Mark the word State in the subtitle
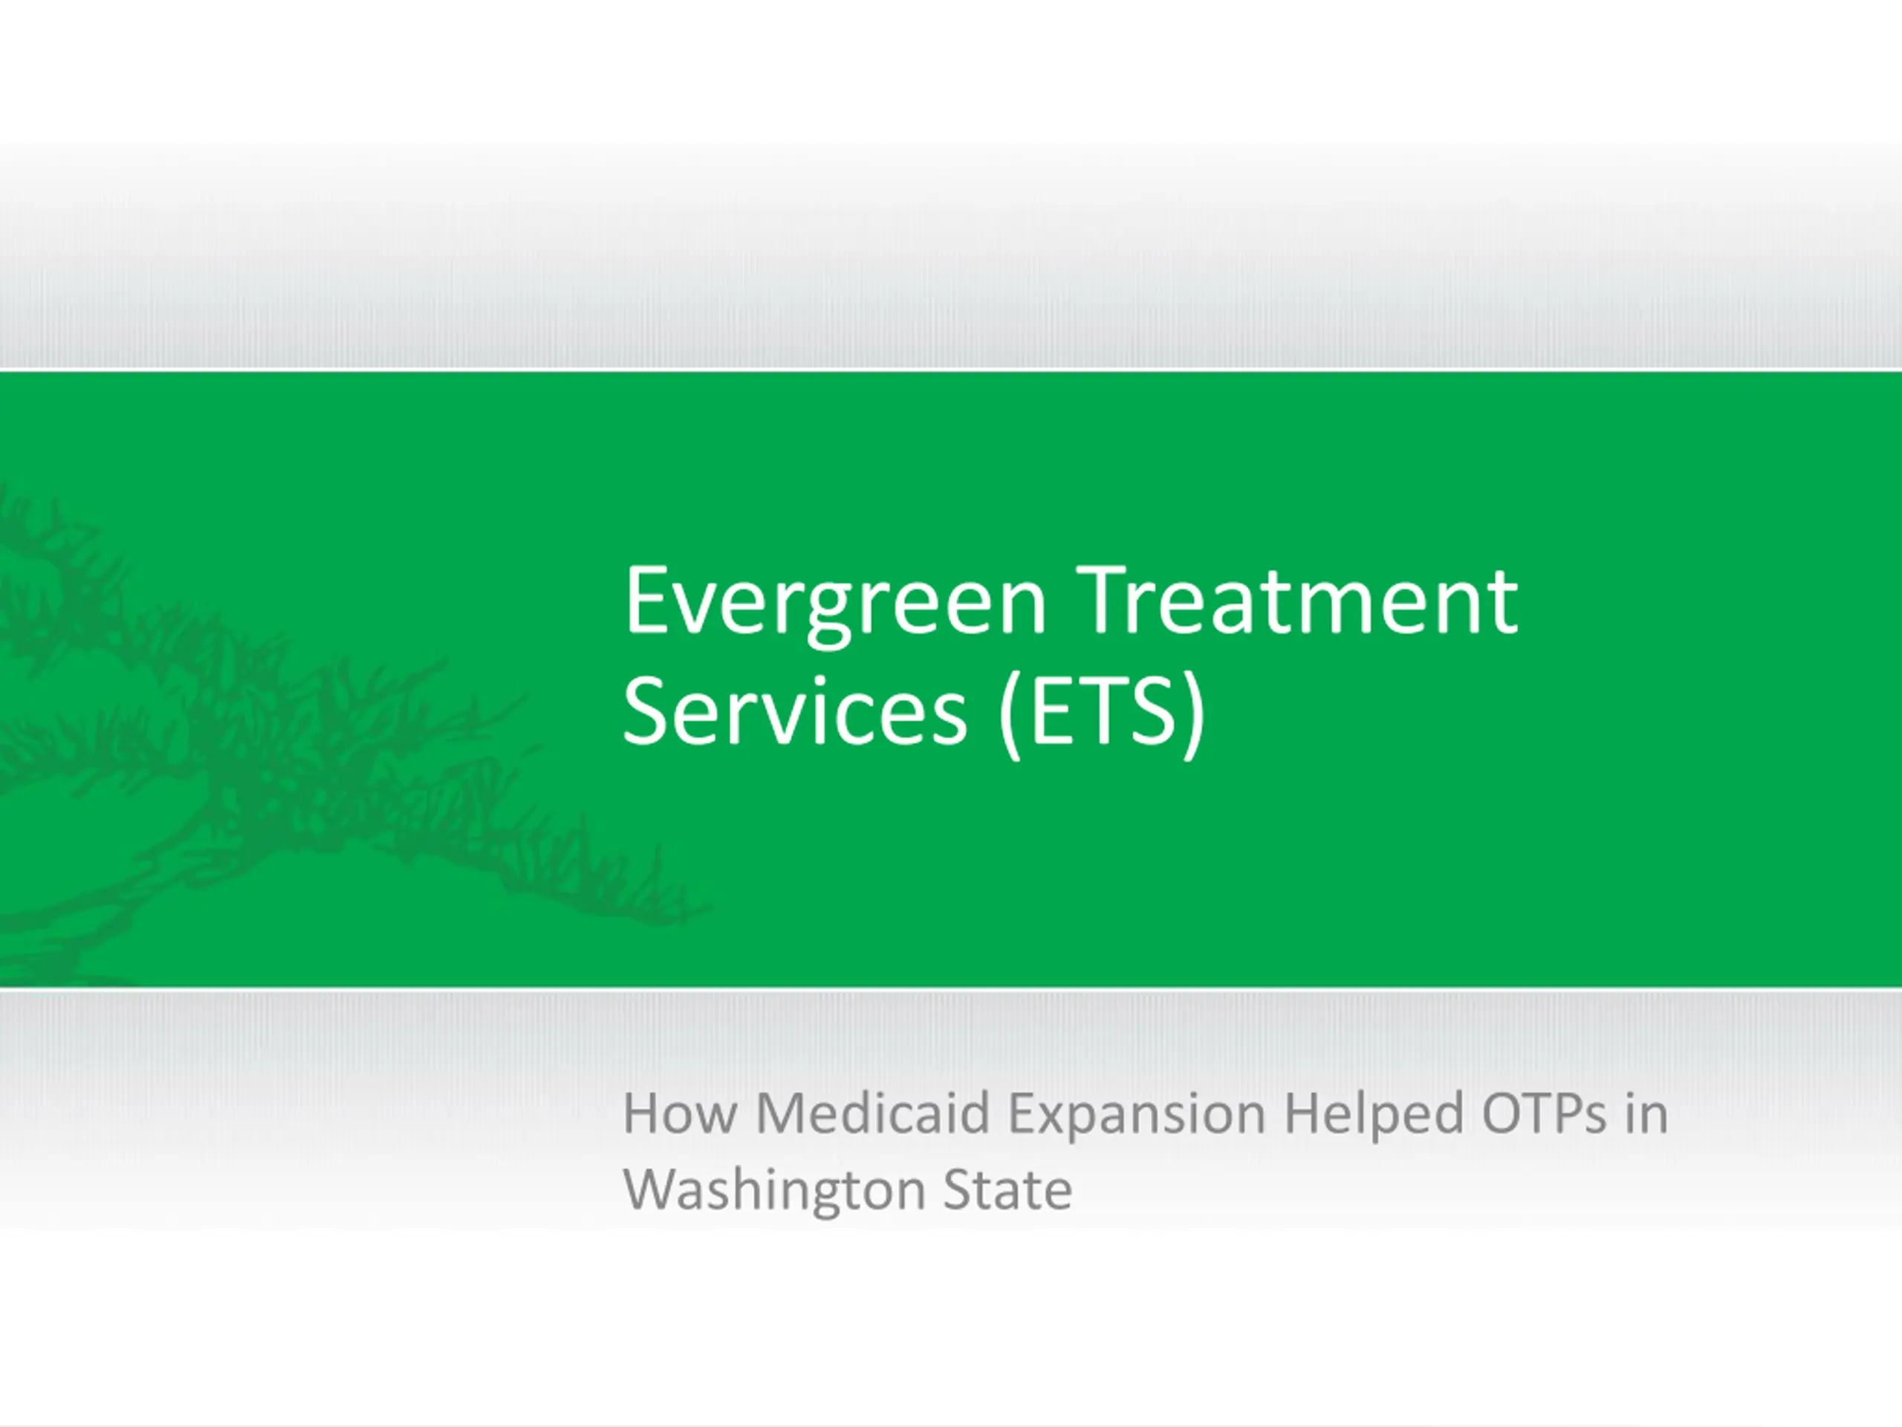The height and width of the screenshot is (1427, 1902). click(1007, 1190)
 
